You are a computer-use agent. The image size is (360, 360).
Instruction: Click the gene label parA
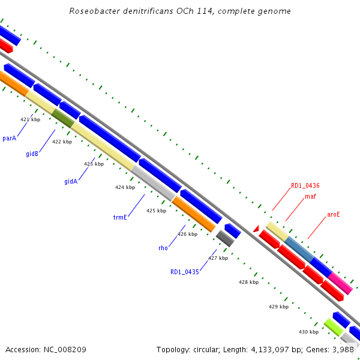(x=10, y=138)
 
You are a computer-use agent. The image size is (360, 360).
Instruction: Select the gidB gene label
(x=32, y=154)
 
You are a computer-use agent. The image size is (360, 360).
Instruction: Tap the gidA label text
(x=71, y=181)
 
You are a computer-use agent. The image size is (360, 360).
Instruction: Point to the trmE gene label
(x=120, y=217)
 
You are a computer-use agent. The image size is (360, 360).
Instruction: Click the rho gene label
(x=163, y=248)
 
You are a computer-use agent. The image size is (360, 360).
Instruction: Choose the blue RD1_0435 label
(x=185, y=272)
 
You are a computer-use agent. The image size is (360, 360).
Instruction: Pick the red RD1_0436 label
(x=305, y=185)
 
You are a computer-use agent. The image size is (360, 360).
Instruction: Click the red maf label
(x=310, y=196)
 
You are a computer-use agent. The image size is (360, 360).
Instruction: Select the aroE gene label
(x=334, y=214)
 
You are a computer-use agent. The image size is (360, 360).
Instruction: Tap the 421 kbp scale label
(x=31, y=119)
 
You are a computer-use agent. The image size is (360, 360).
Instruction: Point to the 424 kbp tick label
(x=125, y=187)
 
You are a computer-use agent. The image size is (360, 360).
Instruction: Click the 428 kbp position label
(x=248, y=282)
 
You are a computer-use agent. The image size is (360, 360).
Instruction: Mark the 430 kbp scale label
(x=308, y=332)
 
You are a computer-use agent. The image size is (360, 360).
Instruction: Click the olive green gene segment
(x=63, y=118)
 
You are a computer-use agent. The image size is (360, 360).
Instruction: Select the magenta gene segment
(x=340, y=283)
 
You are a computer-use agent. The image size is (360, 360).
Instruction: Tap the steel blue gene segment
(x=299, y=249)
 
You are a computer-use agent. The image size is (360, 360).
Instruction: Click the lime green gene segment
(x=334, y=327)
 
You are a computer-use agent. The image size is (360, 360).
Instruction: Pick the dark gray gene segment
(x=225, y=239)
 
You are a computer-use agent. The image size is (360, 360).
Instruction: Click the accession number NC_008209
(x=65, y=350)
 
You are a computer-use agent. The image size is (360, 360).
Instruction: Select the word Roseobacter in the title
(x=95, y=11)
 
